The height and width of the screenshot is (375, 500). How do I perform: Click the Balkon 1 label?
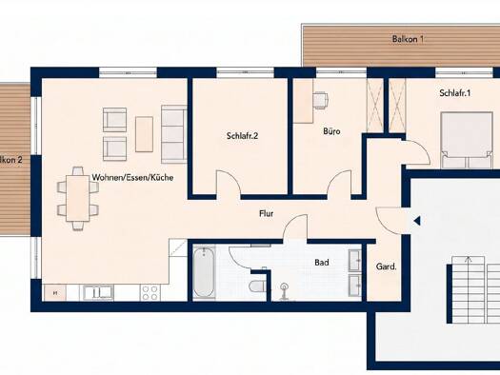click(x=408, y=39)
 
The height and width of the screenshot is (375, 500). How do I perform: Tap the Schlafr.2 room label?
click(x=242, y=136)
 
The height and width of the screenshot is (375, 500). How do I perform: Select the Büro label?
click(x=331, y=131)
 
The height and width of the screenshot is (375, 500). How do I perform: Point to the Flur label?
click(x=267, y=213)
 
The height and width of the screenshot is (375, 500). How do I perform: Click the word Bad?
click(x=322, y=263)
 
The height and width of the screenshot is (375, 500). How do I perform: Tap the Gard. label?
click(x=387, y=266)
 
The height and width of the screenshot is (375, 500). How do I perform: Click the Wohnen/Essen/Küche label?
click(x=132, y=177)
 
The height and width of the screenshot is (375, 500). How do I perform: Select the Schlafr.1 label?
click(x=455, y=93)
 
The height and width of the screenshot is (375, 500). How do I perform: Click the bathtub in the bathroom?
click(x=203, y=273)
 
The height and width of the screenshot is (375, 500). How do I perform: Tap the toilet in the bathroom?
click(x=258, y=286)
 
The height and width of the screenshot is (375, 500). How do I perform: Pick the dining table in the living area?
click(x=77, y=198)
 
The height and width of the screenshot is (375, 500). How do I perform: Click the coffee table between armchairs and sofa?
click(x=144, y=134)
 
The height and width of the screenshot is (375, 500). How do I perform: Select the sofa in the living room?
click(x=173, y=134)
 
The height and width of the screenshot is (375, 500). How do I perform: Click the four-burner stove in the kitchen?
click(x=150, y=292)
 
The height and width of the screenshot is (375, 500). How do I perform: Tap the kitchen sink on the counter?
click(x=98, y=292)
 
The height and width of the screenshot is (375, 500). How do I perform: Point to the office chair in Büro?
click(x=321, y=100)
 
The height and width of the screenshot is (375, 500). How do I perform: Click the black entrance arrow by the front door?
click(x=417, y=221)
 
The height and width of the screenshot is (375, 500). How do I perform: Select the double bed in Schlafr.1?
click(x=467, y=140)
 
